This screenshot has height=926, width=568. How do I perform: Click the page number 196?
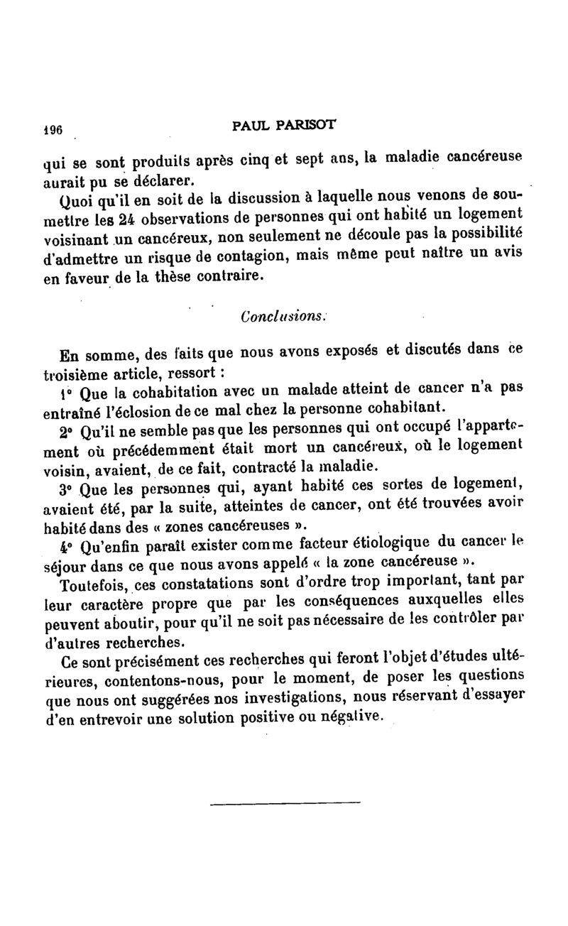pos(53,131)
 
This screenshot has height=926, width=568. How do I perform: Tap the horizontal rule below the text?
pos(285,803)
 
